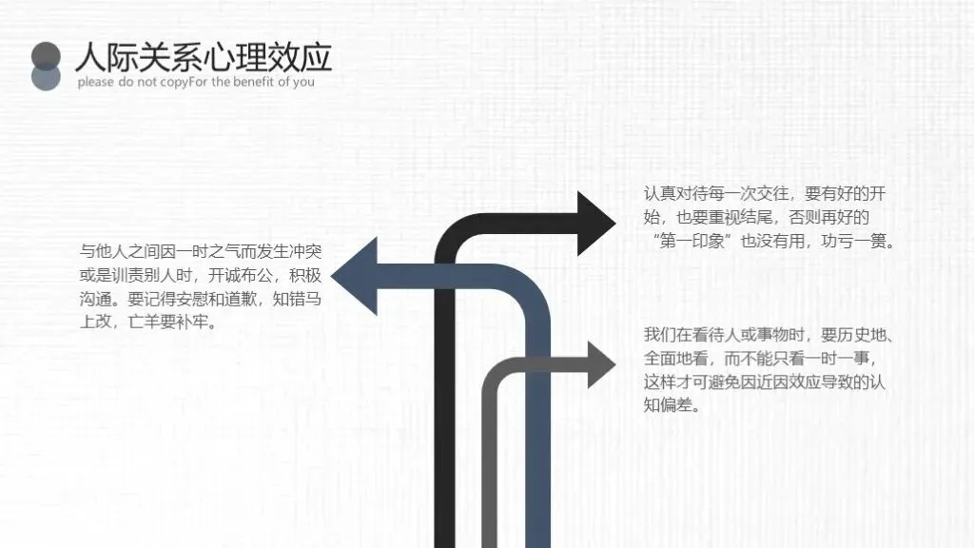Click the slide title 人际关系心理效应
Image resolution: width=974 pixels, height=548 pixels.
coord(204,56)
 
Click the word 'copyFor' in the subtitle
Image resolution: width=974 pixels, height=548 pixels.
coord(185,82)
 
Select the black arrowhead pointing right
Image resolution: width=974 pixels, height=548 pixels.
coord(595,223)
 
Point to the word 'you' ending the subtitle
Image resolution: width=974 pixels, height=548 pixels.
coord(303,82)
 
